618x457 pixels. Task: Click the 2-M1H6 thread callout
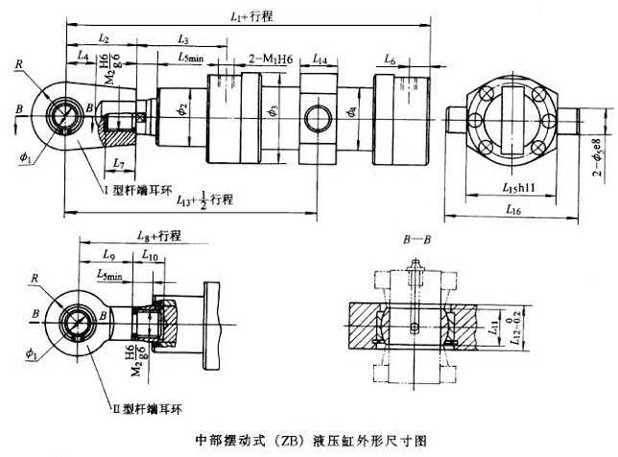pos(271,59)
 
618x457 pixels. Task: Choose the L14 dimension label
pos(320,60)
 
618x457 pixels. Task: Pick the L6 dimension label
pos(389,59)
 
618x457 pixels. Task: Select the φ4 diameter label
pos(351,114)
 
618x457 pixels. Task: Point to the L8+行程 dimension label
pos(159,235)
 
